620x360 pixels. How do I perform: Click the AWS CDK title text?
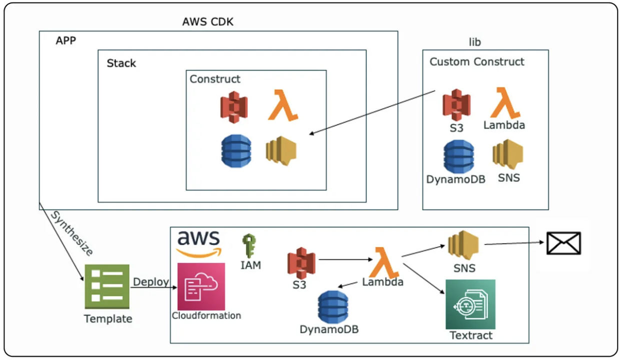[x=207, y=22]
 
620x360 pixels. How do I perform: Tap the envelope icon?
[x=563, y=243]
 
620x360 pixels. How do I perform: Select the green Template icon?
[x=107, y=286]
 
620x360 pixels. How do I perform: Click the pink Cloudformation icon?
[x=201, y=286]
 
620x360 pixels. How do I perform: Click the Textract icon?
[x=470, y=304]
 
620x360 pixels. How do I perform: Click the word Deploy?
[x=150, y=282]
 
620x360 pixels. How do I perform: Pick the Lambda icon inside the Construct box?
[x=282, y=105]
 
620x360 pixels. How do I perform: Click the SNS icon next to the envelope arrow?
[x=463, y=245]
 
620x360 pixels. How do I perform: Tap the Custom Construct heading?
[x=476, y=61]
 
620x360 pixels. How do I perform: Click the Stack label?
[x=121, y=63]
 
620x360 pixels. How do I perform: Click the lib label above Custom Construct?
[x=474, y=42]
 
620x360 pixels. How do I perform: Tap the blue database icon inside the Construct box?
[x=236, y=150]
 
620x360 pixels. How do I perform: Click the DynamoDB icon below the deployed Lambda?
[x=333, y=306]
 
